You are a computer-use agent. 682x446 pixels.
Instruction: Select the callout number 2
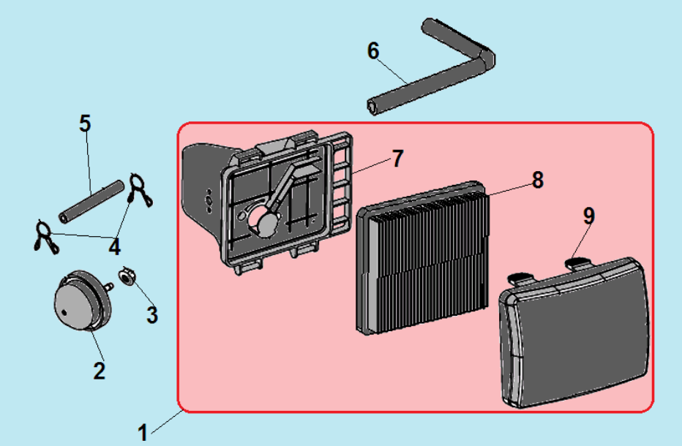click(100, 370)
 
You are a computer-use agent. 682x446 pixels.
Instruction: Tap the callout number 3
click(151, 315)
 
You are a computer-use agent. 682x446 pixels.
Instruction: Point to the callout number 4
click(114, 247)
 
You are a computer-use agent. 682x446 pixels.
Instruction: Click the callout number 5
click(86, 124)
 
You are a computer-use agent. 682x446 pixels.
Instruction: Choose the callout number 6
click(373, 51)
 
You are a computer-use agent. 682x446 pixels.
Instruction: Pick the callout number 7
click(397, 159)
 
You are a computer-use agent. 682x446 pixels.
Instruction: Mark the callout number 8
click(538, 180)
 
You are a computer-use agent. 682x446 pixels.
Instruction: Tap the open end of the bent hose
click(372, 107)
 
